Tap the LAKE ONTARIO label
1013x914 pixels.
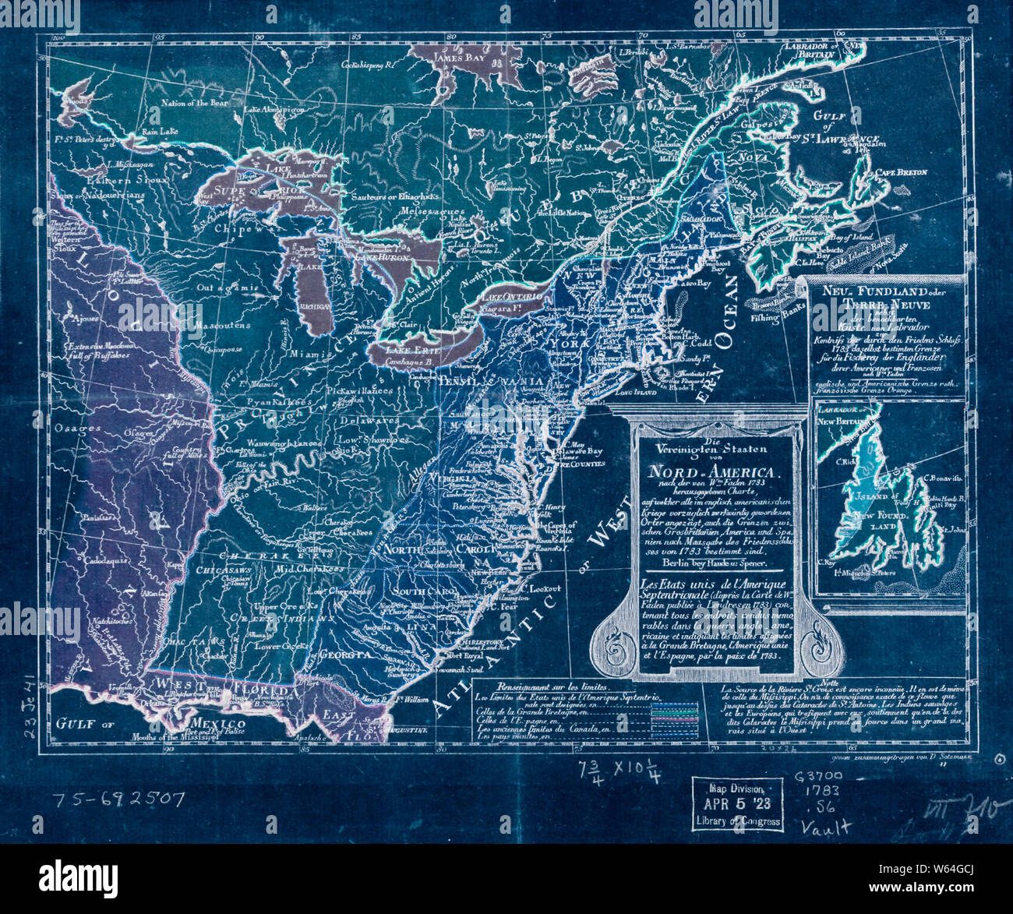pos(512,298)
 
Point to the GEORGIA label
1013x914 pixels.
pos(343,655)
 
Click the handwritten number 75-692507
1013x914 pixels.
pos(118,799)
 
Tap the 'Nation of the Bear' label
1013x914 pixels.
pos(196,102)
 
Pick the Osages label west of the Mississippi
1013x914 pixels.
pos(77,429)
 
